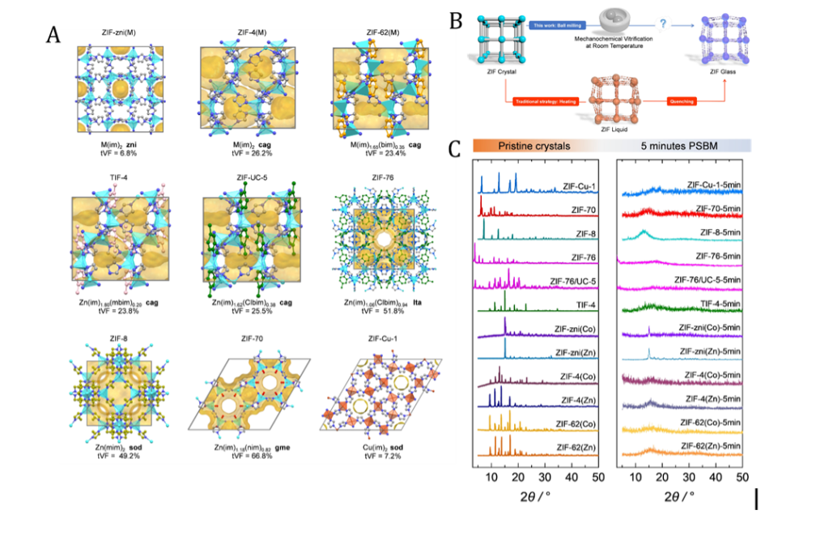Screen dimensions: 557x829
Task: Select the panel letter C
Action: tap(456, 149)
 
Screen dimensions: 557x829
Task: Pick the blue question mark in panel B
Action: tap(663, 25)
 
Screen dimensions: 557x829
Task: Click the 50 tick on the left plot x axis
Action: tap(597, 479)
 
